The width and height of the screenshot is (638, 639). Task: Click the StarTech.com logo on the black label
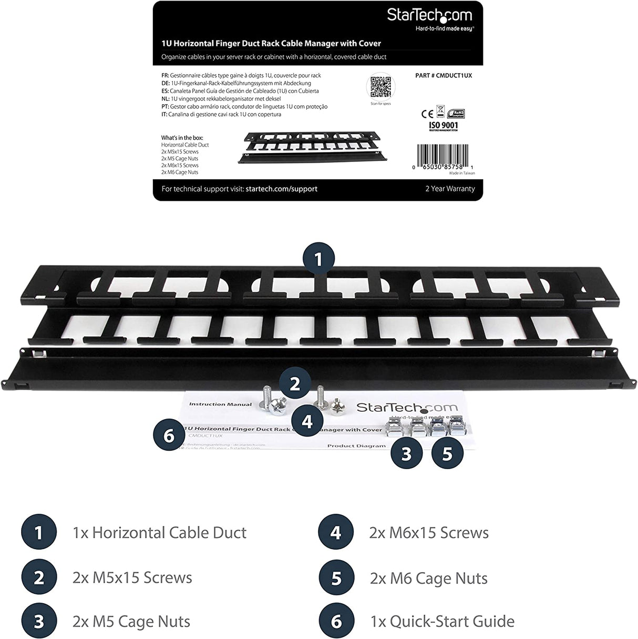(429, 16)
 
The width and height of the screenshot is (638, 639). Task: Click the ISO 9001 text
(443, 125)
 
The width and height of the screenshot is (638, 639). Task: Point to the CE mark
(426, 113)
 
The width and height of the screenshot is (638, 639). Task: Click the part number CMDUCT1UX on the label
(444, 75)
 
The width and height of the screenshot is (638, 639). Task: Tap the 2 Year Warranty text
(450, 189)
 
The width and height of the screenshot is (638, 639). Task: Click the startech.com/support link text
(281, 189)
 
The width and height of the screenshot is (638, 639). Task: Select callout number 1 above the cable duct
(318, 260)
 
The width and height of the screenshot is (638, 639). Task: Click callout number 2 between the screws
(295, 384)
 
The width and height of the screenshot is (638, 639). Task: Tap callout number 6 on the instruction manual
(169, 436)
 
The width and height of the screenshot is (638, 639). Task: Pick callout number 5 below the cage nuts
(447, 453)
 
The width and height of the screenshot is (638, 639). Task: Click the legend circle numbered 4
(336, 533)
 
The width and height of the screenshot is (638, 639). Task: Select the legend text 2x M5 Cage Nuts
(131, 622)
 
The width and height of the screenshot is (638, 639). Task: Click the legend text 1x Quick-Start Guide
(442, 622)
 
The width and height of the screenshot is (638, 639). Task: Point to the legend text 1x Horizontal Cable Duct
(159, 533)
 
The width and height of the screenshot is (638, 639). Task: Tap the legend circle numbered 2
(38, 577)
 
